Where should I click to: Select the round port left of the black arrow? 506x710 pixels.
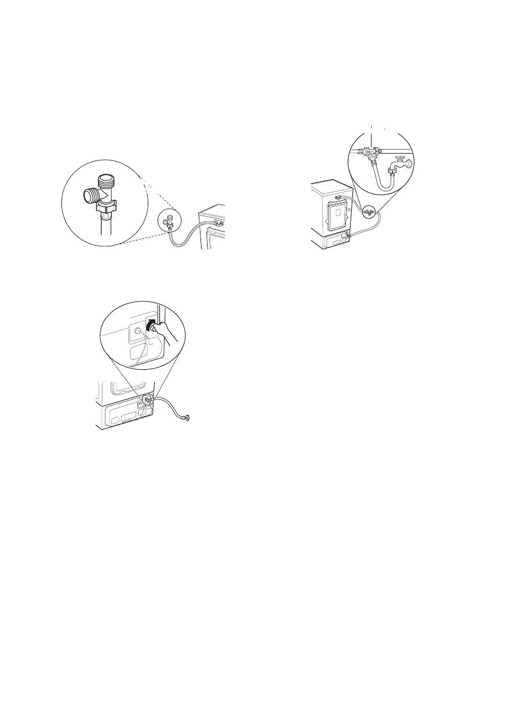139,331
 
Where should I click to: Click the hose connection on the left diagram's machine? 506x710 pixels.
218,222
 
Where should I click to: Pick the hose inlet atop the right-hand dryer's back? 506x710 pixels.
337,197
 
